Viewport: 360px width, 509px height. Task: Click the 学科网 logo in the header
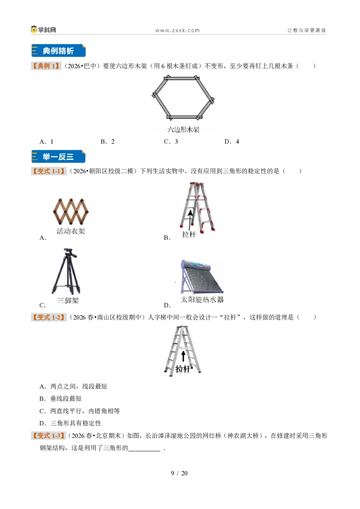pyautogui.click(x=44, y=30)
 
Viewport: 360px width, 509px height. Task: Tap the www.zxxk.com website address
pyautogui.click(x=177, y=31)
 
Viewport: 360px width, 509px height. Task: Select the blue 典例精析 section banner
pyautogui.click(x=58, y=51)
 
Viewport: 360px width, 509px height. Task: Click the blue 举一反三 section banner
pyautogui.click(x=58, y=156)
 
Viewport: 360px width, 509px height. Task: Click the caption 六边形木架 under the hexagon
pyautogui.click(x=183, y=129)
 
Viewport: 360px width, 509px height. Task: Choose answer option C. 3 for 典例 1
pyautogui.click(x=171, y=142)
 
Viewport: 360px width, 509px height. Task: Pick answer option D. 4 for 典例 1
pyautogui.click(x=232, y=142)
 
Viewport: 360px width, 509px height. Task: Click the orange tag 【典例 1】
pyautogui.click(x=46, y=66)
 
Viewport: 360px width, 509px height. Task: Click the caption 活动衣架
pyautogui.click(x=71, y=231)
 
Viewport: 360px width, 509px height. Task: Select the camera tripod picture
pyautogui.click(x=67, y=272)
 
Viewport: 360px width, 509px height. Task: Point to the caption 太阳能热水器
pyautogui.click(x=202, y=299)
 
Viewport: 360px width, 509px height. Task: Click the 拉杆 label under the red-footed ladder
pyautogui.click(x=189, y=234)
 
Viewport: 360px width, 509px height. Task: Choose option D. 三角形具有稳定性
pyautogui.click(x=71, y=423)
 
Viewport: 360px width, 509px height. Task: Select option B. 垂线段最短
pyautogui.click(x=60, y=399)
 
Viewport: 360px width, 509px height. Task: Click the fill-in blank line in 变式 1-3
pyautogui.click(x=144, y=451)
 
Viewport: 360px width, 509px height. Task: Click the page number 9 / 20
pyautogui.click(x=180, y=473)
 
